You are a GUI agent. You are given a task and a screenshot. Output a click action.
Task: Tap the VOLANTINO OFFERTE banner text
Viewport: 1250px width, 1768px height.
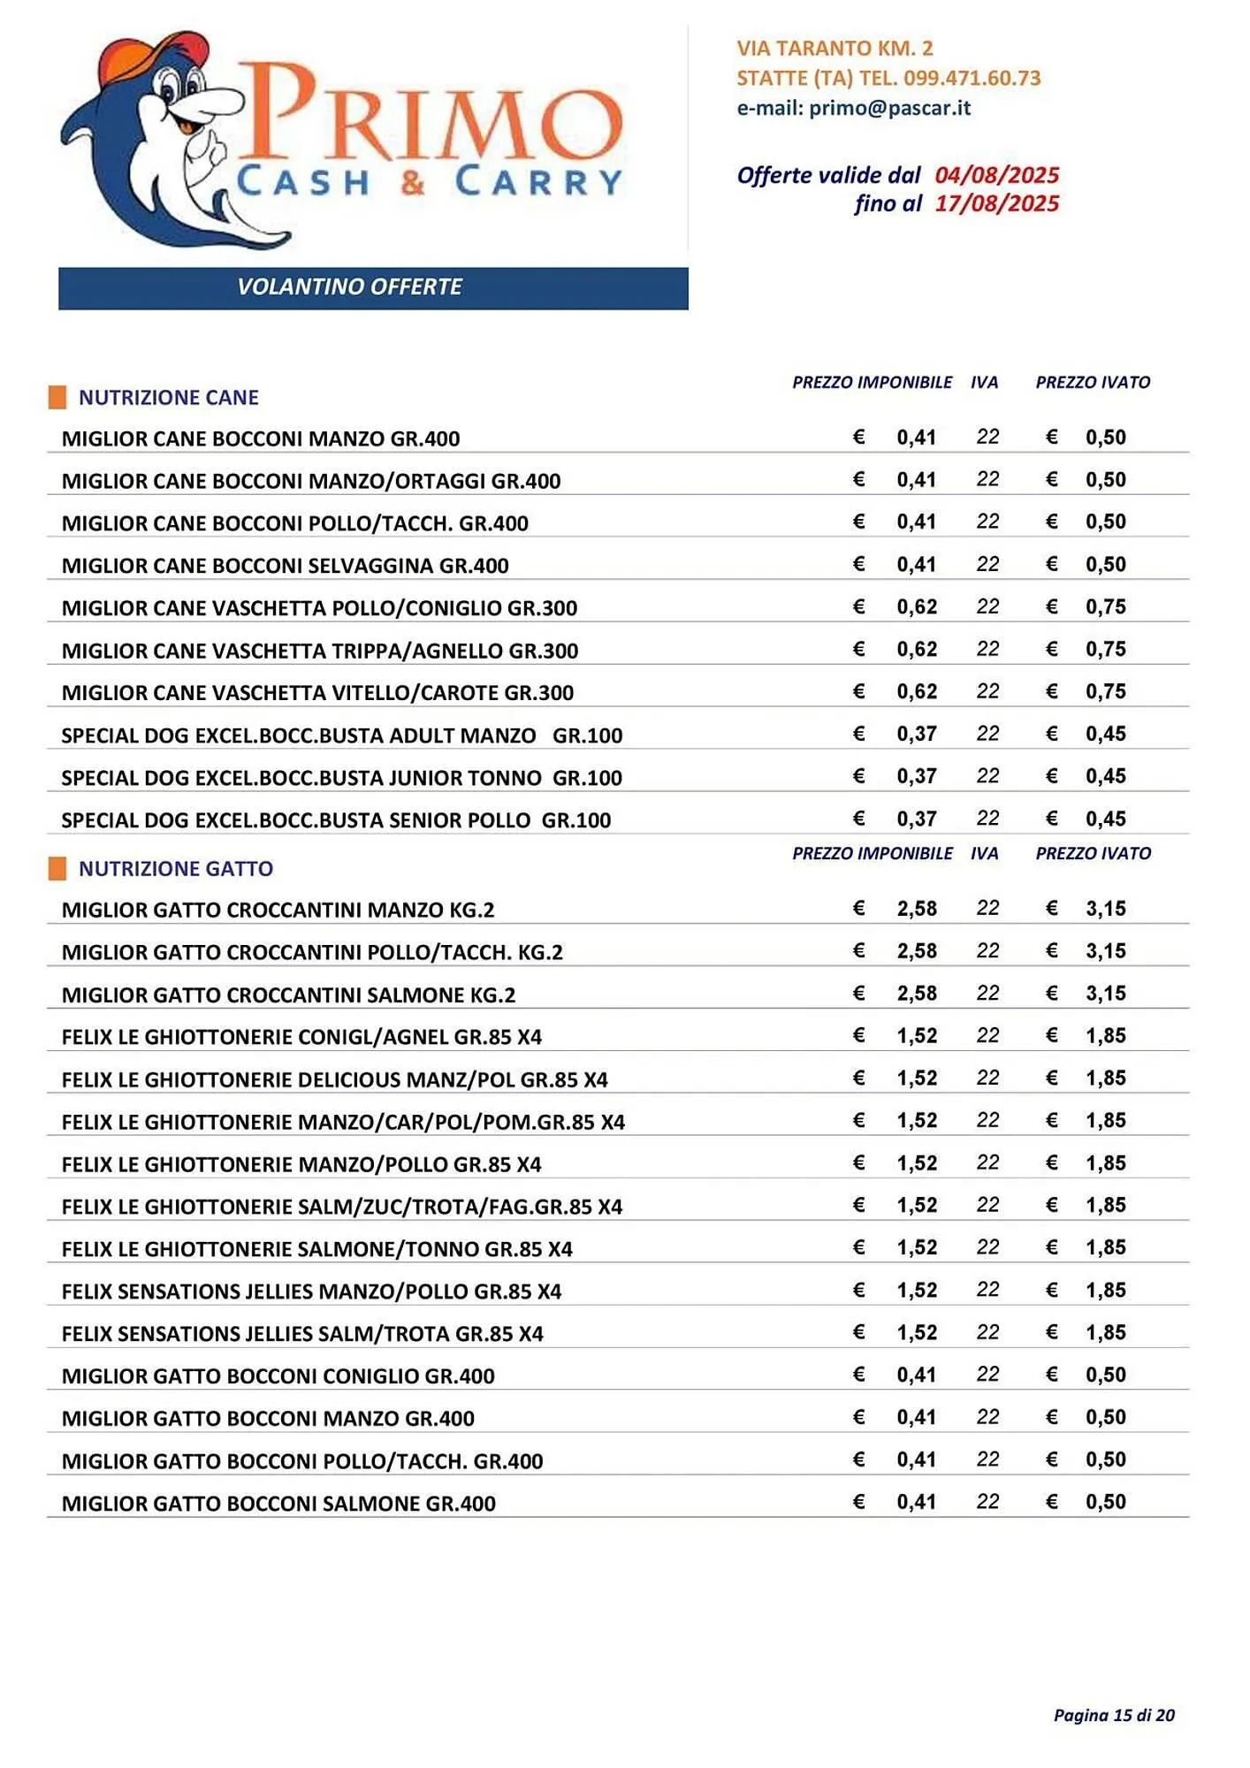pos(349,287)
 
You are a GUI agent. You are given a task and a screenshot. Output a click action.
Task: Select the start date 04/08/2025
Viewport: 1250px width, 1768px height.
pos(996,175)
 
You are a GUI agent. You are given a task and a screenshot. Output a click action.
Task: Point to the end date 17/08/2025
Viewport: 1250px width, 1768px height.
pos(996,204)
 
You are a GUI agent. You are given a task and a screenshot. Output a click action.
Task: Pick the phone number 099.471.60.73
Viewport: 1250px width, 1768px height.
pos(972,78)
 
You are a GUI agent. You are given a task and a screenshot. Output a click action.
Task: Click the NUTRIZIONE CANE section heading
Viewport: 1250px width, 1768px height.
pos(169,398)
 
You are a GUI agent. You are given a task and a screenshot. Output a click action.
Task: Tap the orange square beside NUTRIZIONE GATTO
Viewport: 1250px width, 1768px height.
pos(57,868)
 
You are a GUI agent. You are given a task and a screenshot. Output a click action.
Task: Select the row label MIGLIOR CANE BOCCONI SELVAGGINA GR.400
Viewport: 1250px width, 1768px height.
pos(285,566)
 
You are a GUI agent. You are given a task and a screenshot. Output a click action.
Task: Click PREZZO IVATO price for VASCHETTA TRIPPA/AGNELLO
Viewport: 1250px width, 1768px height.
pos(1106,650)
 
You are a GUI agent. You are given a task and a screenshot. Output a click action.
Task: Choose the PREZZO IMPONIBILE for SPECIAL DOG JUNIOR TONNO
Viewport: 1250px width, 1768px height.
pos(917,776)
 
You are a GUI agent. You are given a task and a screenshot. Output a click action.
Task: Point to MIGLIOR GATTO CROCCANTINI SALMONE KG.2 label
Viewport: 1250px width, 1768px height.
pos(288,995)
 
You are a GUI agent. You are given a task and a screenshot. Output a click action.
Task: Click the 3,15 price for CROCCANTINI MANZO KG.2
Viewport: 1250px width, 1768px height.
pos(1106,909)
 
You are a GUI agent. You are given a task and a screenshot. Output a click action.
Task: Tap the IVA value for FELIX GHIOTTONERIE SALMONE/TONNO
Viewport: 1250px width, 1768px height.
pos(987,1247)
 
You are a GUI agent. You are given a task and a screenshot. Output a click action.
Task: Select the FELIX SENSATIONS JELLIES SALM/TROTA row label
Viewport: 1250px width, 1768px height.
pos(302,1334)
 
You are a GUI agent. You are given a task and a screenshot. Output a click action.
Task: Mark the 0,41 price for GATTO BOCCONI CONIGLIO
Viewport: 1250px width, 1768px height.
pos(917,1375)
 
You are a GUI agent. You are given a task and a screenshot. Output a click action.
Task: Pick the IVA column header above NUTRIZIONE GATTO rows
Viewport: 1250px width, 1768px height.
pos(984,854)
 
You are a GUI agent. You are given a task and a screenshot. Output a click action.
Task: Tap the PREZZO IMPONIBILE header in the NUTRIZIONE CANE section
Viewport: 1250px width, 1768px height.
pos(872,383)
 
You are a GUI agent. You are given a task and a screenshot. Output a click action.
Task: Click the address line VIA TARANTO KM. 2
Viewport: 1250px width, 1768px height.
pos(835,49)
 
